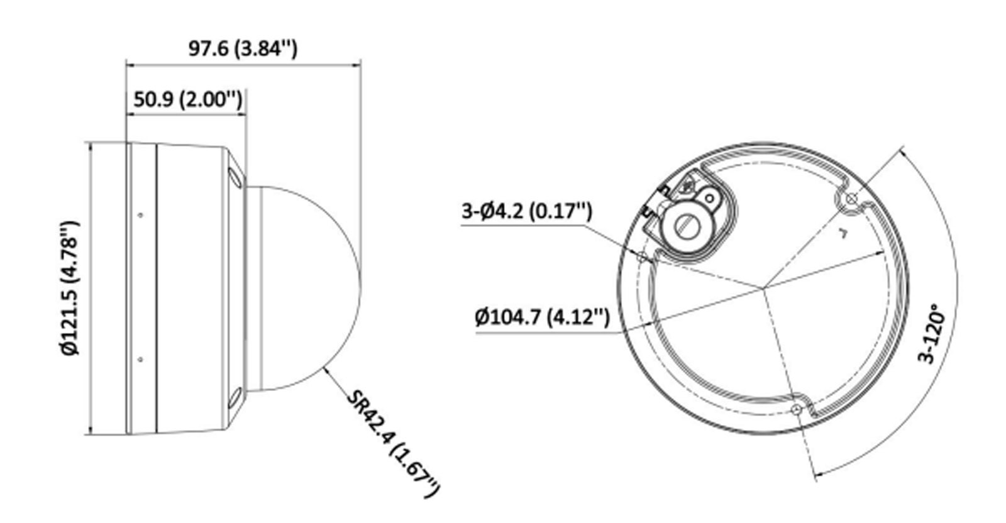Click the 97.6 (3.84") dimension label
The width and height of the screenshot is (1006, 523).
[243, 48]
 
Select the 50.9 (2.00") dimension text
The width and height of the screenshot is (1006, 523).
[187, 99]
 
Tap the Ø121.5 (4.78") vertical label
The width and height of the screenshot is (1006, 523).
[70, 287]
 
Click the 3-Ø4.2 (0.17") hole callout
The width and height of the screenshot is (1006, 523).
[527, 210]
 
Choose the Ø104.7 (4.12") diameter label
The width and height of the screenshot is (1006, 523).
[542, 316]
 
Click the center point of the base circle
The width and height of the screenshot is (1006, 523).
[763, 288]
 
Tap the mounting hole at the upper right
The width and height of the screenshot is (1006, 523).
[852, 199]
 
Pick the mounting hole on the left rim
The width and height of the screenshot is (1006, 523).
[642, 256]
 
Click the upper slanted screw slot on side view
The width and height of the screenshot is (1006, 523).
[235, 176]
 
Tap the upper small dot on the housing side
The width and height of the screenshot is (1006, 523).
[140, 215]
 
